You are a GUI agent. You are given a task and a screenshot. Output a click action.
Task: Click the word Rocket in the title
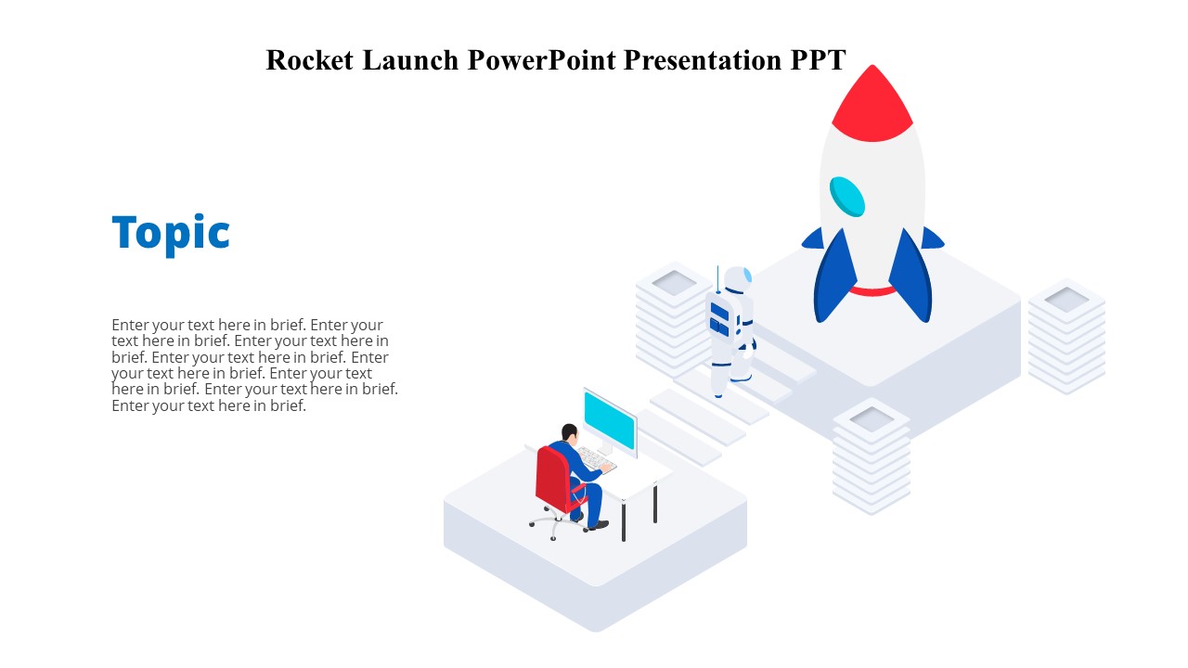(x=311, y=60)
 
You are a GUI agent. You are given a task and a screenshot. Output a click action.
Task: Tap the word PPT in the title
(x=818, y=60)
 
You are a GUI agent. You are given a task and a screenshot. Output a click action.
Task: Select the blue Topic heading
(x=171, y=233)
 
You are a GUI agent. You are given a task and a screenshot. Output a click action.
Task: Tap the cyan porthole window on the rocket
(x=847, y=196)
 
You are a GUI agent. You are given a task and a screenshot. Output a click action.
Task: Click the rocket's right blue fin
(x=911, y=277)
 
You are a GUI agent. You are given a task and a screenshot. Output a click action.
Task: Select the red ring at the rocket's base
(x=872, y=291)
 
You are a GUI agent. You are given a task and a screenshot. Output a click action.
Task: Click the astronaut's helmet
(x=739, y=280)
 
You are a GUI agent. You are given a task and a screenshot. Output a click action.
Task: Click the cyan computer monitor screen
(x=610, y=419)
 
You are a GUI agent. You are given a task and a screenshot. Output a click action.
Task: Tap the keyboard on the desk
(x=595, y=459)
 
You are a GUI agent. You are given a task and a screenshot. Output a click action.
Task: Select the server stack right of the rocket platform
(x=1066, y=335)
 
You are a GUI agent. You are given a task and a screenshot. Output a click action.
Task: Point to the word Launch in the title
(x=410, y=60)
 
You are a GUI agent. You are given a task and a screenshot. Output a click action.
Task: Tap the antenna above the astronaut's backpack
(x=717, y=277)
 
